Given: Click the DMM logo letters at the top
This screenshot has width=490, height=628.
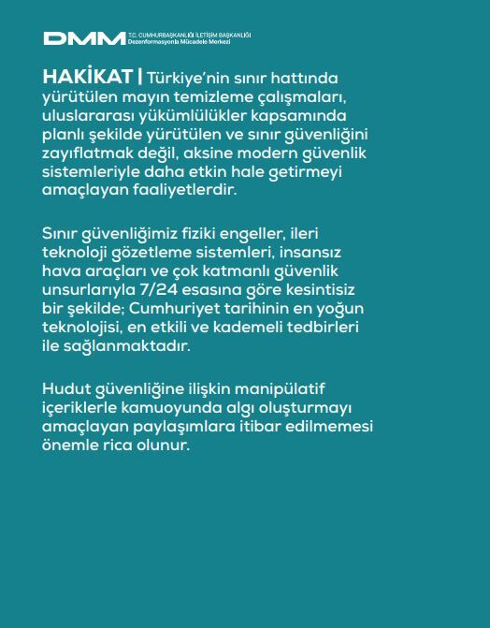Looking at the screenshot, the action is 84,38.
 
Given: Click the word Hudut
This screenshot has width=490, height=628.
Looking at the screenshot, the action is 67,388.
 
